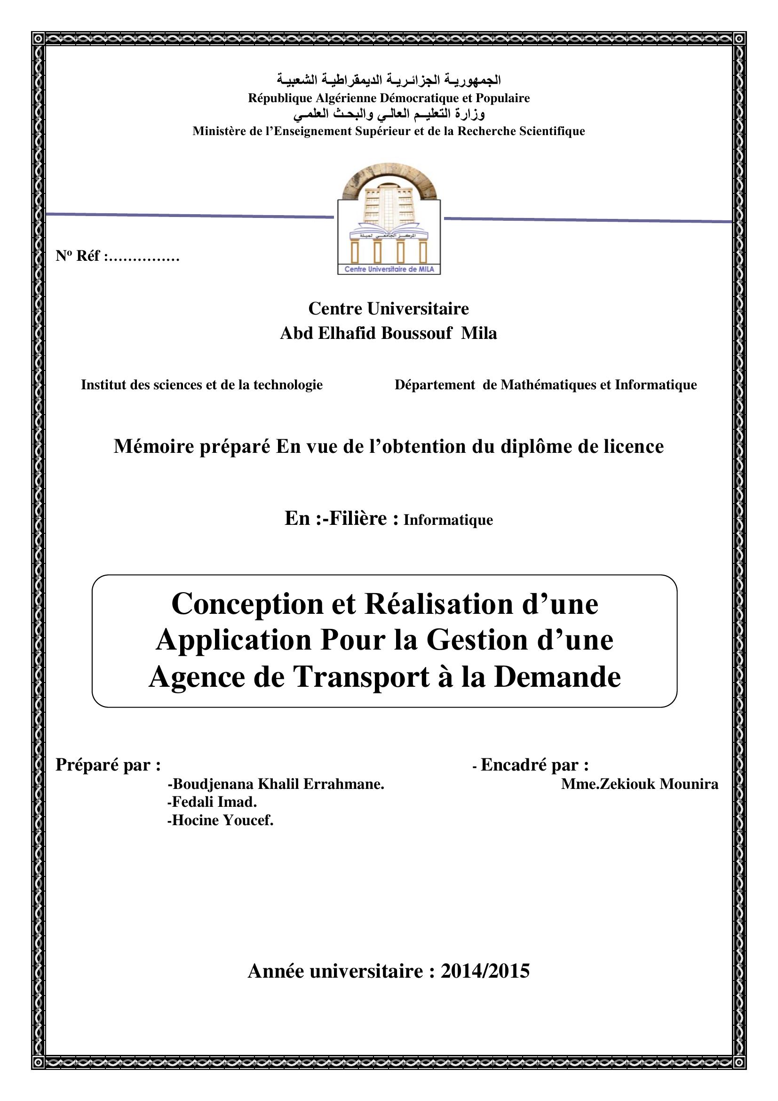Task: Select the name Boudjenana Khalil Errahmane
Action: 278,784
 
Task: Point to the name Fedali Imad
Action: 214,802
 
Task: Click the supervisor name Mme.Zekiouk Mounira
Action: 640,784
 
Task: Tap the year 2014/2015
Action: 485,971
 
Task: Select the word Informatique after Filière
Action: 448,520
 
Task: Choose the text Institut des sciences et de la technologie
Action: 202,385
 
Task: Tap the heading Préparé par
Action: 108,765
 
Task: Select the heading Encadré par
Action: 534,765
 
